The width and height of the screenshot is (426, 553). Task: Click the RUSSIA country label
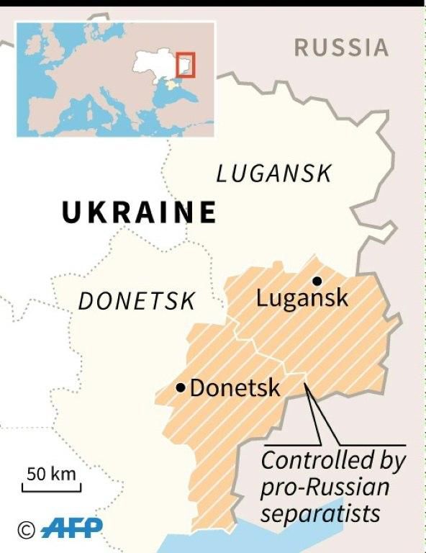click(x=340, y=48)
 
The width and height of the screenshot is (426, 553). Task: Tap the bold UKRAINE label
click(x=139, y=212)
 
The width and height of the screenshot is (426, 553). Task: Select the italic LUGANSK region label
click(x=274, y=174)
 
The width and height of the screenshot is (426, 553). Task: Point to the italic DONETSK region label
click(x=136, y=301)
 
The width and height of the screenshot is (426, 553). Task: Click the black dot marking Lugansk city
click(x=315, y=281)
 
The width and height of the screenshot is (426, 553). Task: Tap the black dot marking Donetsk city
click(x=181, y=387)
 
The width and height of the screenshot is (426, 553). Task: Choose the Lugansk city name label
click(x=302, y=298)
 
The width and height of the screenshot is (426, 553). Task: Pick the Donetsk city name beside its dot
click(x=235, y=389)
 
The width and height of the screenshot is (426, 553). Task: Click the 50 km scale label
click(x=51, y=474)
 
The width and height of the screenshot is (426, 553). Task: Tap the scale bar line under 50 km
click(x=51, y=489)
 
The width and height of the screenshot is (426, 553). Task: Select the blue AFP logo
click(x=71, y=530)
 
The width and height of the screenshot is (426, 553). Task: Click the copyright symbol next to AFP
click(x=27, y=531)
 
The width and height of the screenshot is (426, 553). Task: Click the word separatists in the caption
click(x=320, y=514)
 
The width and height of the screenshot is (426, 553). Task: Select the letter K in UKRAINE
click(x=98, y=212)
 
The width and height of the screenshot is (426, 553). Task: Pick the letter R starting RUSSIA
click(x=302, y=48)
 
